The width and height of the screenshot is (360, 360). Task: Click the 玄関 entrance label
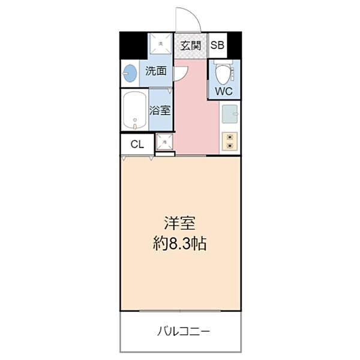(191, 45)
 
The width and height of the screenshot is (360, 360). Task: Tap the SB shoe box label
(217, 45)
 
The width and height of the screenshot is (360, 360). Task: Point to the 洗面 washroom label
(156, 71)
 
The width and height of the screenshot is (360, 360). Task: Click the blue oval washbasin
(130, 74)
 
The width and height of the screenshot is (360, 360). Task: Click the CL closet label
(137, 144)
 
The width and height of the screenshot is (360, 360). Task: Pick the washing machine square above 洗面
(160, 43)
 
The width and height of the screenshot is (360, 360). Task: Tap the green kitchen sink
(230, 114)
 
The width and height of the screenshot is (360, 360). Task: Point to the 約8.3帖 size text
(180, 244)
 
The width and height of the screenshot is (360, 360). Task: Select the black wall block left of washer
(133, 45)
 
